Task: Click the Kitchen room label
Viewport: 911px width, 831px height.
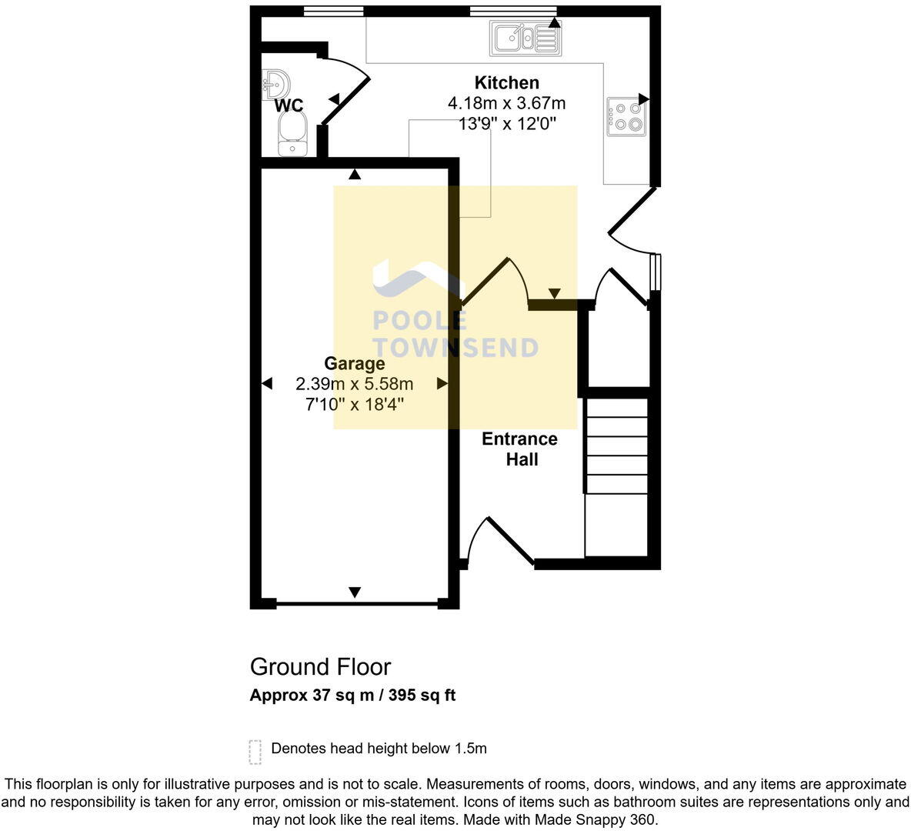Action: (506, 83)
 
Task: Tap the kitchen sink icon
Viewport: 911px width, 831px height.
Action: (526, 38)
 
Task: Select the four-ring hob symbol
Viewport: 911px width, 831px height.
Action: (626, 116)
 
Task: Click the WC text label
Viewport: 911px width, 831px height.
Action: (289, 106)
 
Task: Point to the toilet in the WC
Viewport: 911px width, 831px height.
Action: (292, 135)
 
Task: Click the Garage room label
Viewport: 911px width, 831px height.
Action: (354, 364)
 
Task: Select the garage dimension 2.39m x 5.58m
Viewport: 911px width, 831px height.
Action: (354, 384)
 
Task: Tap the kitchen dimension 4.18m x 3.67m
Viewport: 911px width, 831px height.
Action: (506, 103)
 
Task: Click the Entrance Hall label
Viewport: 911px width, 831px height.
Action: (520, 449)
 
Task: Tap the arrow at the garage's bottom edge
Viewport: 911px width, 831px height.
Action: (355, 592)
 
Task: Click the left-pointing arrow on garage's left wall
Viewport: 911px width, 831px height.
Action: (267, 383)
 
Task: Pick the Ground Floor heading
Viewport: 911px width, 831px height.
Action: (320, 667)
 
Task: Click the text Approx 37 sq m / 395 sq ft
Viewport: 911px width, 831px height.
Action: (352, 696)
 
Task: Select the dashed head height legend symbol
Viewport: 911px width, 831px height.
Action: (255, 752)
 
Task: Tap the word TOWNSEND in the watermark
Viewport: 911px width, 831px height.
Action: (455, 348)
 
